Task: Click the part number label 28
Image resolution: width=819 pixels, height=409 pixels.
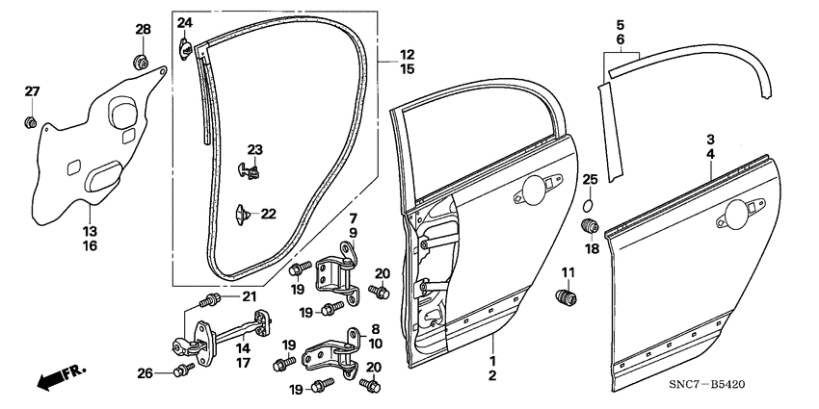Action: [x=143, y=31]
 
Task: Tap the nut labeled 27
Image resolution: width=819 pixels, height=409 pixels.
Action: [x=31, y=123]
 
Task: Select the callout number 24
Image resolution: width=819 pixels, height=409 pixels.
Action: [x=184, y=22]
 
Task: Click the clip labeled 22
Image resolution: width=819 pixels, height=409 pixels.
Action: [x=241, y=211]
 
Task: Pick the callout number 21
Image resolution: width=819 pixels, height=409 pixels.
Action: [x=249, y=295]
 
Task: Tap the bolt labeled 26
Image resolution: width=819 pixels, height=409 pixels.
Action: [x=180, y=371]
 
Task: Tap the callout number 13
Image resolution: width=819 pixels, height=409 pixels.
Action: [x=89, y=231]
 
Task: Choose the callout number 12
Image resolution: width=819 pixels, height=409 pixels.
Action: [x=408, y=54]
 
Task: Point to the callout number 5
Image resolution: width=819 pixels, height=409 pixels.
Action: [x=620, y=23]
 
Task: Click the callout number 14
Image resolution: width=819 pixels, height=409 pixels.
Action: [x=244, y=346]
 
